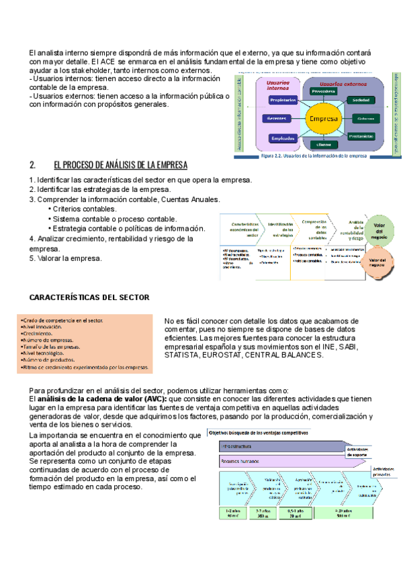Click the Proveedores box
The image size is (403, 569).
(323, 91)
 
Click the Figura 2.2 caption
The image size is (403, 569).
(312, 156)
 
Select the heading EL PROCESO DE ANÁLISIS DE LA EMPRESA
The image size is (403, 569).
(120, 165)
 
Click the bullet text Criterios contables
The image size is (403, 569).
(84, 209)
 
